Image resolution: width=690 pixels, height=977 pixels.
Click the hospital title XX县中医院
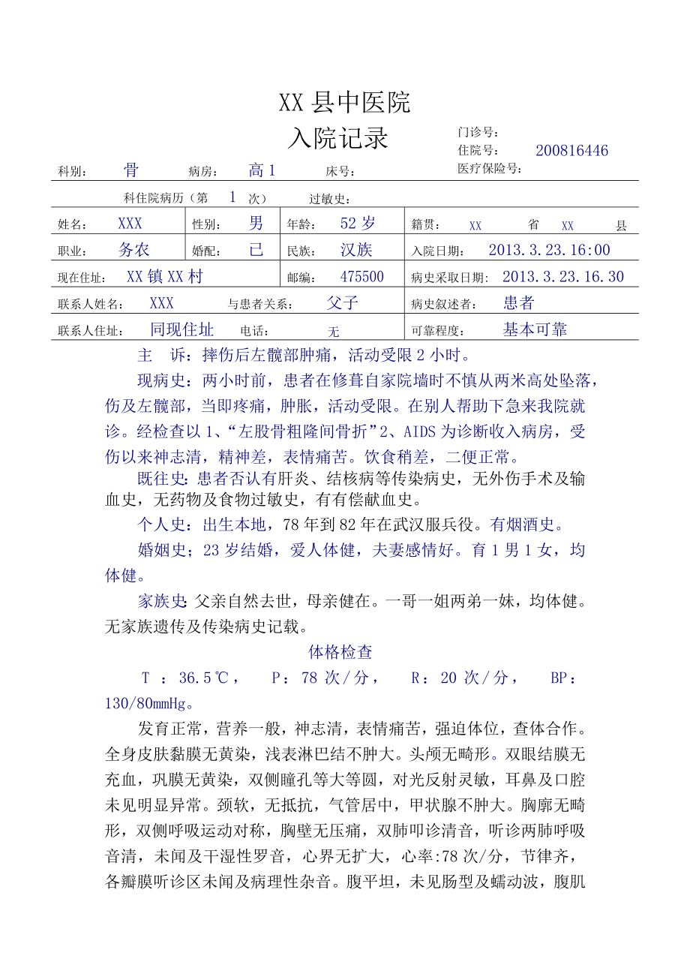[344, 103]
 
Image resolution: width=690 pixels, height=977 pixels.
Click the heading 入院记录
[338, 138]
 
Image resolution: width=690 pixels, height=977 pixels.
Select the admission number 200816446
[571, 151]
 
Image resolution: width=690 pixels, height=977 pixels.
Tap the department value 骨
[131, 170]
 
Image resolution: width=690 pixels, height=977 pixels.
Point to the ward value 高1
[262, 171]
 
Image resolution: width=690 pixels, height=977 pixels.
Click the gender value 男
[256, 223]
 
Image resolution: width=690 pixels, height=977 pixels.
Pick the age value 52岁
[358, 223]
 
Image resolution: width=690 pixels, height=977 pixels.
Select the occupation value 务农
[133, 250]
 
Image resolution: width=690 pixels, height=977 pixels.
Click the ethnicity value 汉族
[356, 250]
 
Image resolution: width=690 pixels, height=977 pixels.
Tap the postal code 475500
[362, 277]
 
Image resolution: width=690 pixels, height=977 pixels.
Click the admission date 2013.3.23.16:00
[549, 250]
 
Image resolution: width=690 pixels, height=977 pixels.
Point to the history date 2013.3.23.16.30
[562, 277]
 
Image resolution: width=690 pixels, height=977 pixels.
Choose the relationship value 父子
[343, 303]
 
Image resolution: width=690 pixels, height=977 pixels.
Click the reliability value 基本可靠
[535, 329]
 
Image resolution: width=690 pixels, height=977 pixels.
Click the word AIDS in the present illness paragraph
[420, 432]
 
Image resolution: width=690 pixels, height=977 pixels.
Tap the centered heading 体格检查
[340, 652]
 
